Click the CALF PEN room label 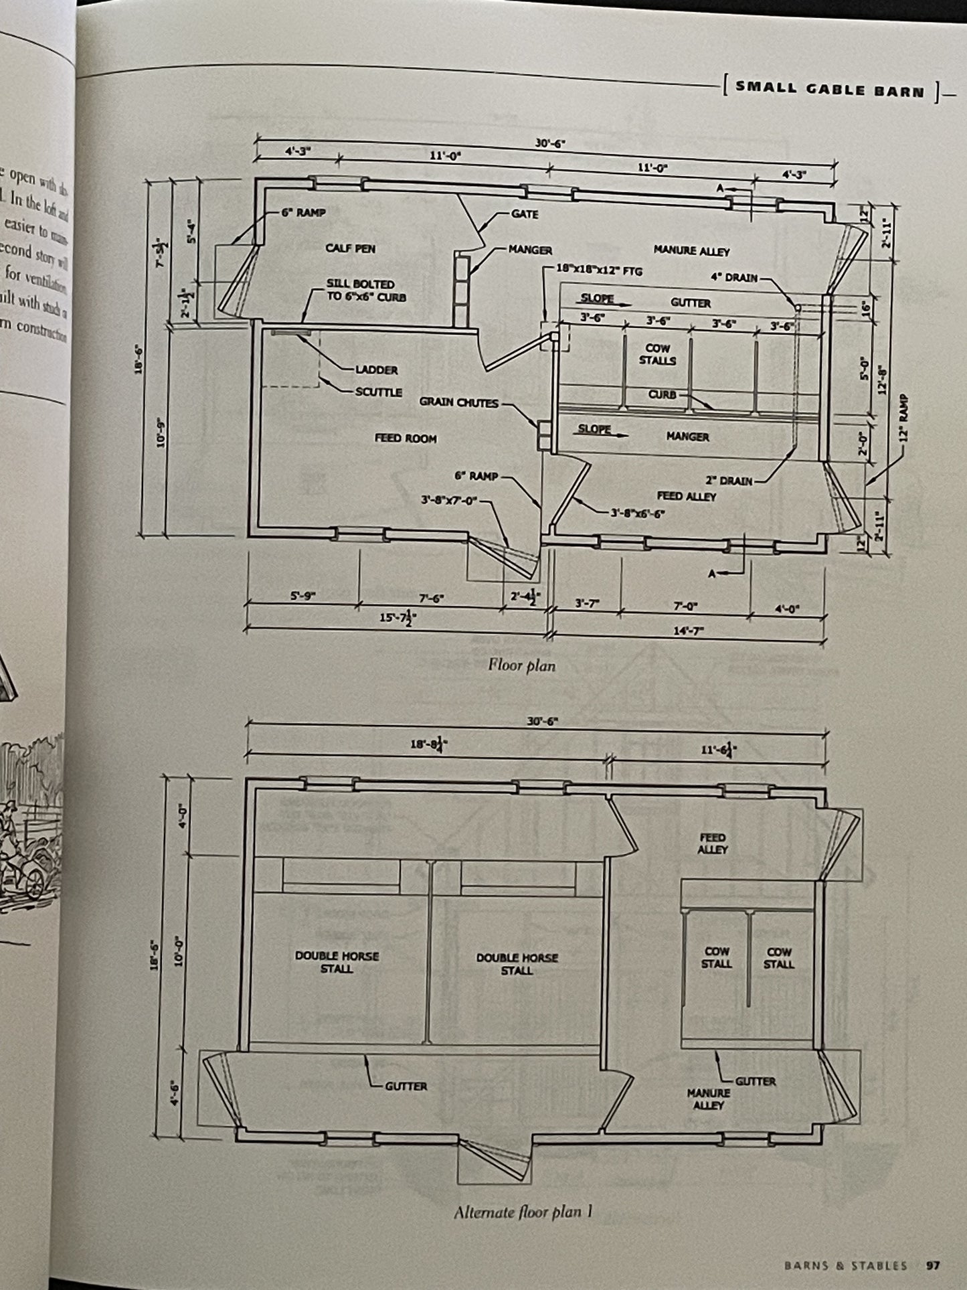click(x=350, y=248)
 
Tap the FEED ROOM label click(x=406, y=438)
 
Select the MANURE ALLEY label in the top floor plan click(x=691, y=251)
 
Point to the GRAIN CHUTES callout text click(x=459, y=402)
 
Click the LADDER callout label click(x=377, y=370)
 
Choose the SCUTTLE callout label click(x=378, y=392)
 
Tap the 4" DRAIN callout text click(x=733, y=277)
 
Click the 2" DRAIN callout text click(x=729, y=481)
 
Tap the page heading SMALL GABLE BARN click(x=830, y=90)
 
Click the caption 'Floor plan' click(x=522, y=665)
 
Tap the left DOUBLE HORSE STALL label click(x=337, y=962)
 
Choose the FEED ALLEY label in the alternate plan click(x=712, y=843)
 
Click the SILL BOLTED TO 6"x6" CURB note click(x=360, y=290)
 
